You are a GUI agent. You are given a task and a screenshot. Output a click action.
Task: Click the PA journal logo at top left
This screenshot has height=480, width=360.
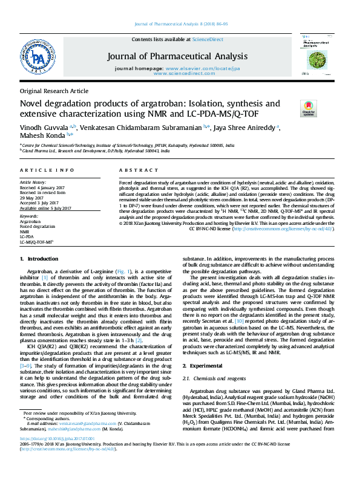pos(38,59)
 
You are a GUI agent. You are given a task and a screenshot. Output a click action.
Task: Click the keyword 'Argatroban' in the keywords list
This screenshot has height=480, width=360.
pos(30,222)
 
